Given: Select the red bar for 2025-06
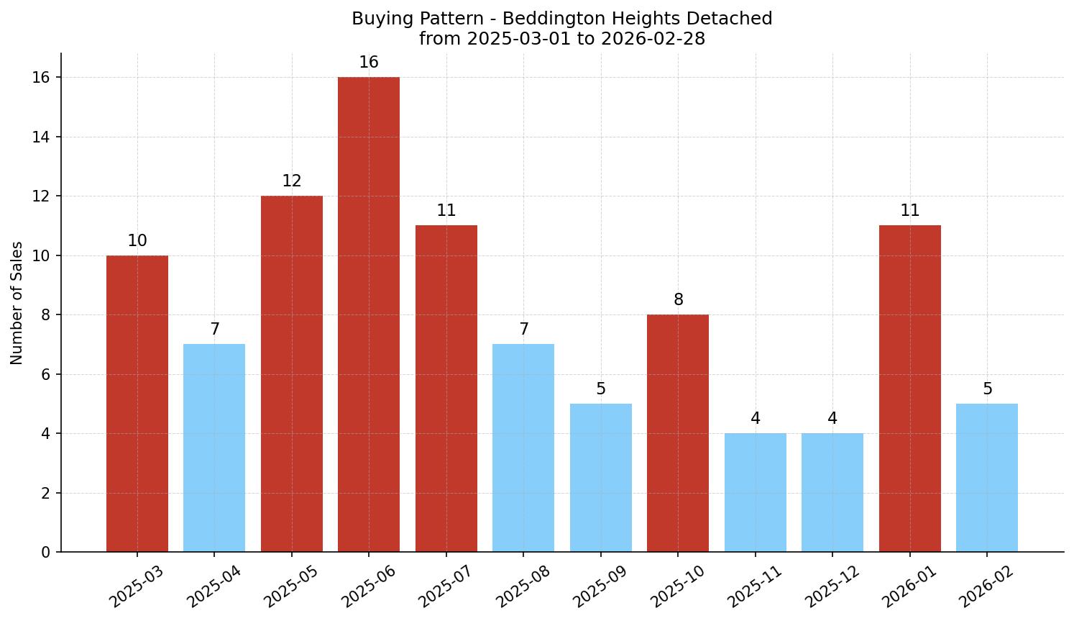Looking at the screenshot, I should (369, 314).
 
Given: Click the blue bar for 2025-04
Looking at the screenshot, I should (214, 448).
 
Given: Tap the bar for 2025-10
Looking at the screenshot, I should (678, 433).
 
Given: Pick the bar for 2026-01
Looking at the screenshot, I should (909, 389).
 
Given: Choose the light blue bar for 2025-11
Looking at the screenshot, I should (755, 492).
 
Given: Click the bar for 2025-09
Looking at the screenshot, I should (600, 478).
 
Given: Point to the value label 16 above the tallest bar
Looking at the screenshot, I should (369, 63).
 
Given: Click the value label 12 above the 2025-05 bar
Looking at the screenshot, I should (291, 181).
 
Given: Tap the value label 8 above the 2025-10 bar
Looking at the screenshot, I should (678, 300).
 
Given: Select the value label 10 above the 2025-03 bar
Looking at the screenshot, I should (137, 241).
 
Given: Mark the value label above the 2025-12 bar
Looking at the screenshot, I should (832, 419).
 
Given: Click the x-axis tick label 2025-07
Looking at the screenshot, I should (444, 586).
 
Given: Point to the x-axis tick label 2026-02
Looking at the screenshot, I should (986, 586).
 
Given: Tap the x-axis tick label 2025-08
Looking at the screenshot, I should (522, 586).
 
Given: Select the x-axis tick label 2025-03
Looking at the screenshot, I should (135, 586).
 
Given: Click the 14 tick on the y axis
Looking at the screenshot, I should (42, 137).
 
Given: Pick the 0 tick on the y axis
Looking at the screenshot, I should (46, 553).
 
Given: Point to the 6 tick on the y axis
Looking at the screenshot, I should (46, 374).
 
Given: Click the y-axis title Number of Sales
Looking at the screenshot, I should (17, 303).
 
